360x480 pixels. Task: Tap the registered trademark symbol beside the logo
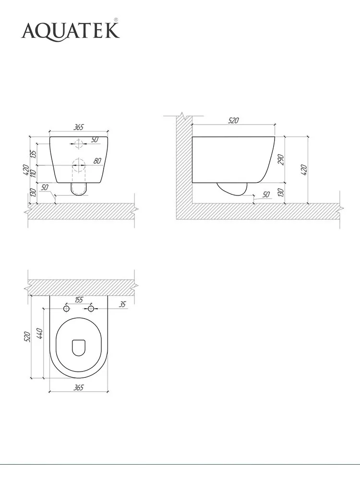pos(116,20)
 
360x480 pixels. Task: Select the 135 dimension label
pos(34,154)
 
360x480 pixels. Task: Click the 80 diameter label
pos(97,160)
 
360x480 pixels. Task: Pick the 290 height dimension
pos(281,159)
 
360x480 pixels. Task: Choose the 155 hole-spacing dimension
pos(79,300)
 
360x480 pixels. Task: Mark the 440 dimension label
pos(39,333)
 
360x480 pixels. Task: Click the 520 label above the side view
pos(233,120)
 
